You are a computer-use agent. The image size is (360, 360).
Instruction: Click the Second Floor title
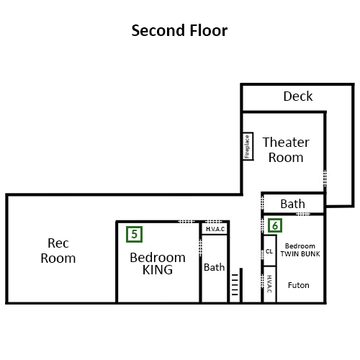point(179,30)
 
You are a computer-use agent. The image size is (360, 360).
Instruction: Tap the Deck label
point(298,96)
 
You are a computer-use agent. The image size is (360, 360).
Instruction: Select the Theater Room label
point(286,150)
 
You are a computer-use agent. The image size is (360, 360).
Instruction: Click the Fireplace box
point(248,146)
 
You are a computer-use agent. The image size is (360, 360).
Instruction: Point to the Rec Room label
point(58,251)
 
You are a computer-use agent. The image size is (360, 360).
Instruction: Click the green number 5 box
point(134,234)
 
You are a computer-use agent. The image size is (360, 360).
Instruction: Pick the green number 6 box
point(275,225)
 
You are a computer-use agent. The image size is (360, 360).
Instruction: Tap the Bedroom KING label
point(158,264)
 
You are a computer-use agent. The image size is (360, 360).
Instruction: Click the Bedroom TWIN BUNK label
point(300,250)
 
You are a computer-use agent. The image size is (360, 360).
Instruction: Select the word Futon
point(298,285)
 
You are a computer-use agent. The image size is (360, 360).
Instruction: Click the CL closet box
point(269,251)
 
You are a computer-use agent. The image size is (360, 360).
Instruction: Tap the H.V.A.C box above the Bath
point(215,229)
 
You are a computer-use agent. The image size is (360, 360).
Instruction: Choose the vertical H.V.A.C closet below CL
point(269,284)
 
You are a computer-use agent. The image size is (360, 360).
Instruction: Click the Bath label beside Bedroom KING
point(214,267)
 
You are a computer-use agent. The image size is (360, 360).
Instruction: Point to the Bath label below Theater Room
point(293,204)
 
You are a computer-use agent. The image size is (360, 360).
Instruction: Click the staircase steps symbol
point(235,284)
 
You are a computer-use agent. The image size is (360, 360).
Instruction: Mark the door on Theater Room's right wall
point(325,179)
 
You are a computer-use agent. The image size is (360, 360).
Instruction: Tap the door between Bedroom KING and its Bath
point(200,247)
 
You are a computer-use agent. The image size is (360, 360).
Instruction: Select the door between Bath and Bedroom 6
point(303,213)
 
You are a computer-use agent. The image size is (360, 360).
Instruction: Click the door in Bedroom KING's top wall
point(186,221)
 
